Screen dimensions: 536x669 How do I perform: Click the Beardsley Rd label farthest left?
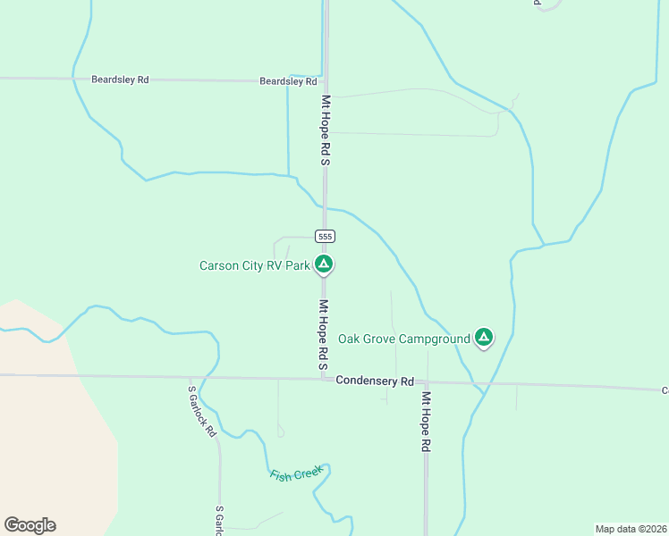(x=120, y=80)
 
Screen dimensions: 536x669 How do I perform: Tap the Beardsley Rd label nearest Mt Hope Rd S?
(x=288, y=81)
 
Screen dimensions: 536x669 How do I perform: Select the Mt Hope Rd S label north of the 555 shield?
(x=326, y=130)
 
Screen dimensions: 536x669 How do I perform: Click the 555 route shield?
(x=325, y=236)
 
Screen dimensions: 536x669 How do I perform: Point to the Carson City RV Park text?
(x=254, y=265)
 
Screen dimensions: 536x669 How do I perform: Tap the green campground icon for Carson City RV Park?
(x=325, y=264)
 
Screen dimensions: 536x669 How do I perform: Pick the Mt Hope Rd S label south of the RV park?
(x=324, y=334)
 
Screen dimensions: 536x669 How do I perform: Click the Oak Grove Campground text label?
(x=404, y=339)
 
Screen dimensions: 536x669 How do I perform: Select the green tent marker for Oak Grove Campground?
(x=484, y=337)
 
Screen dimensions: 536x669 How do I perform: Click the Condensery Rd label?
(x=375, y=381)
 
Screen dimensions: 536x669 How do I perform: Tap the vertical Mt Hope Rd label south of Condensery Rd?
(x=427, y=422)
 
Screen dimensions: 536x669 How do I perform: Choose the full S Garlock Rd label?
(x=202, y=411)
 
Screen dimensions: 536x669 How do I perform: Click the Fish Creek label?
(x=295, y=473)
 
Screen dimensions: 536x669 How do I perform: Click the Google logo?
(x=30, y=525)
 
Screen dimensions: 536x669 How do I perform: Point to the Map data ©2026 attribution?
(x=631, y=528)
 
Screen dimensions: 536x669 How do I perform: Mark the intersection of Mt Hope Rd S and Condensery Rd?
(x=325, y=378)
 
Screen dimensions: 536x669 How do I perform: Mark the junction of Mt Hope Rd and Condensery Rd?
(x=427, y=381)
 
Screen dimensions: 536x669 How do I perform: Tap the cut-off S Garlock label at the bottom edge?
(x=219, y=522)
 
